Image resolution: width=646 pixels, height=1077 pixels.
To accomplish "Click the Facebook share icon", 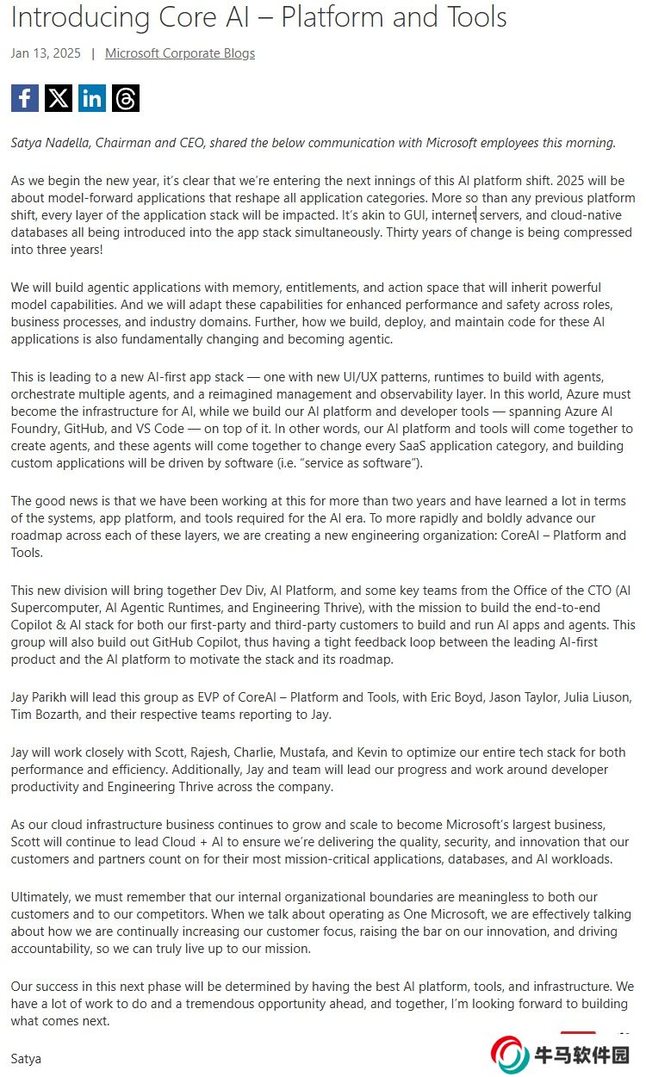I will point(25,98).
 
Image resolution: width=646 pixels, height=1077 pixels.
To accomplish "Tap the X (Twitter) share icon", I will point(59,98).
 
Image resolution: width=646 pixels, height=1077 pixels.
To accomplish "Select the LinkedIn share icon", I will point(92,98).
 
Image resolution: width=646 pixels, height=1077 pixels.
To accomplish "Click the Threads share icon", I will point(126,98).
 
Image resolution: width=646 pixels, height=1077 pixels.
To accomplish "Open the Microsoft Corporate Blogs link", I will point(180,53).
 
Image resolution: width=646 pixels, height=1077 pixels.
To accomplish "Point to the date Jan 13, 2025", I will point(46,53).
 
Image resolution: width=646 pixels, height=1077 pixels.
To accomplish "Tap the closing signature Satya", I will point(26,1058).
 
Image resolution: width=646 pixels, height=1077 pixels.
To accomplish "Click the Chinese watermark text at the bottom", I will point(583,1055).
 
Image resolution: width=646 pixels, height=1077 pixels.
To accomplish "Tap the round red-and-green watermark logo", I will point(510,1055).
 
